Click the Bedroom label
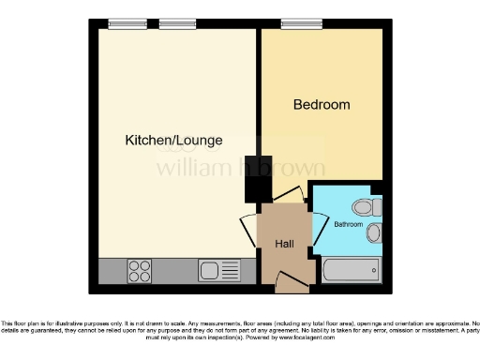[322, 104]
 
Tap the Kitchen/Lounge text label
[173, 141]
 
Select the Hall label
[285, 244]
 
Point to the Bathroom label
[347, 225]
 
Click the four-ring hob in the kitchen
[140, 270]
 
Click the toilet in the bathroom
[365, 206]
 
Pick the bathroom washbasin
[374, 232]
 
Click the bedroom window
[300, 24]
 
